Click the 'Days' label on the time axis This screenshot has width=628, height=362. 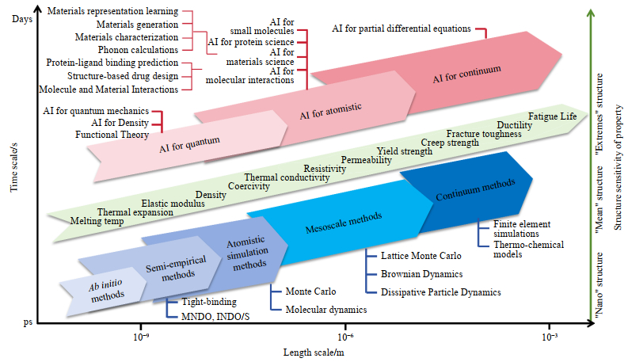[x=22, y=19]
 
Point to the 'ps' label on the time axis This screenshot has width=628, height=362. [x=28, y=322]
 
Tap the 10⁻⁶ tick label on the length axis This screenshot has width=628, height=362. [x=344, y=337]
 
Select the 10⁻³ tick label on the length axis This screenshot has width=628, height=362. [x=550, y=337]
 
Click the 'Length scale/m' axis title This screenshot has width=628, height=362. [x=314, y=352]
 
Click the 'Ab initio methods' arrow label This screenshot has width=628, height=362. [x=107, y=291]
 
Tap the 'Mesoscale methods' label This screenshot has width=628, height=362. [x=344, y=223]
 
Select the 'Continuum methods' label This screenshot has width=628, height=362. [x=475, y=189]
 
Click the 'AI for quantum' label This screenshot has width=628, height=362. [x=189, y=144]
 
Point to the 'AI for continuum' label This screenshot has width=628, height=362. [x=466, y=74]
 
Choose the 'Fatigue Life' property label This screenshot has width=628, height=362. [x=552, y=116]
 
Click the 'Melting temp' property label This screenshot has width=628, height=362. [x=97, y=221]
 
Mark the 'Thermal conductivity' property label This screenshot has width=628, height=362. [x=287, y=177]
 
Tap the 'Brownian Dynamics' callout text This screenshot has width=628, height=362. [x=422, y=274]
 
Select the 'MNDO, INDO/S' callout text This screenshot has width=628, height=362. [x=215, y=317]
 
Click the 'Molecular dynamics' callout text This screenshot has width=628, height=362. [x=326, y=310]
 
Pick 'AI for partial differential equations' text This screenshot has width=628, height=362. [x=402, y=29]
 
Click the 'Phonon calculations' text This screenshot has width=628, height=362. [x=138, y=50]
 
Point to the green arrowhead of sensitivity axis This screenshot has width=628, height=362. [x=590, y=13]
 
